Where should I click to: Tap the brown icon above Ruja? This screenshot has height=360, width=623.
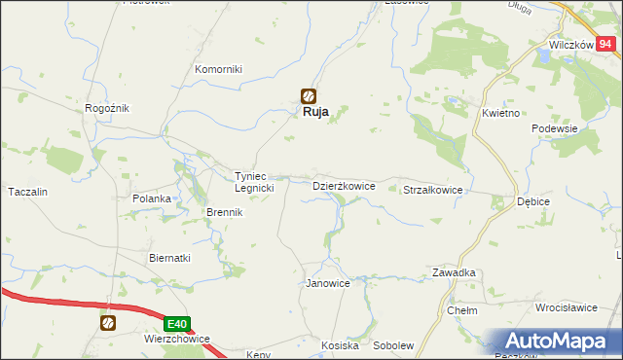tap(309, 95)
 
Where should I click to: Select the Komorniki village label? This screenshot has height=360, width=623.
tap(218, 69)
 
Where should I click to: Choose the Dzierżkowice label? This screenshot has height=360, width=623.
tap(343, 185)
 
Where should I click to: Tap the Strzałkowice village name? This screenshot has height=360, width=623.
tap(432, 191)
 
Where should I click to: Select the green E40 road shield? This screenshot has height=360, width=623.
tap(176, 324)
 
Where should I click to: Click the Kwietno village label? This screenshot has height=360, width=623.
tap(501, 113)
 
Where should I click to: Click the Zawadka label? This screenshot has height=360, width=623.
tap(455, 272)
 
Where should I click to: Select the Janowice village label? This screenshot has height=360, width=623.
tap(327, 283)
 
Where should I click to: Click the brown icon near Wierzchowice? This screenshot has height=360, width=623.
tap(108, 322)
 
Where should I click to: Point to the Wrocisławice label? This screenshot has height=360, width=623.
tap(566, 306)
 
